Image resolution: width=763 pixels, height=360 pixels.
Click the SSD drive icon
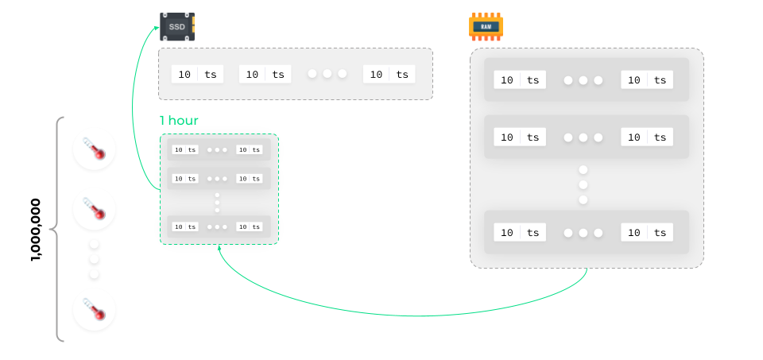point(176,26)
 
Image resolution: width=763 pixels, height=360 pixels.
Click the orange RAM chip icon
point(486,26)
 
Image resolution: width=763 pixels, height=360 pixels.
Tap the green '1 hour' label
point(179,121)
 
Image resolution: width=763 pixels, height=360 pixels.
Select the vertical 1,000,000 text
point(36,230)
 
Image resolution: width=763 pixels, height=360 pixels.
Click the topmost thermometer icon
point(94,149)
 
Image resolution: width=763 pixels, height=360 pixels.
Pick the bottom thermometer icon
point(94,310)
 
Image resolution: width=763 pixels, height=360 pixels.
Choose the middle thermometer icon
point(94,210)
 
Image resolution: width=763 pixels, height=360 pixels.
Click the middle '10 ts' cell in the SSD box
point(265,74)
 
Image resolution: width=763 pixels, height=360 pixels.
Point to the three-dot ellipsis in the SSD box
point(327,74)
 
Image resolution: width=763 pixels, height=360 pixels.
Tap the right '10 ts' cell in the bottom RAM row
point(647,233)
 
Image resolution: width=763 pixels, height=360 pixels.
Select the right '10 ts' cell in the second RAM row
point(647,137)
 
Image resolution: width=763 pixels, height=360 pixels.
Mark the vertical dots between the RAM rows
point(583,184)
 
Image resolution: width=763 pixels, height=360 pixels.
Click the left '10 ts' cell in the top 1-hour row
point(185,149)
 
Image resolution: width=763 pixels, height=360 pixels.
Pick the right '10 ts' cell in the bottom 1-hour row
point(249,226)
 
